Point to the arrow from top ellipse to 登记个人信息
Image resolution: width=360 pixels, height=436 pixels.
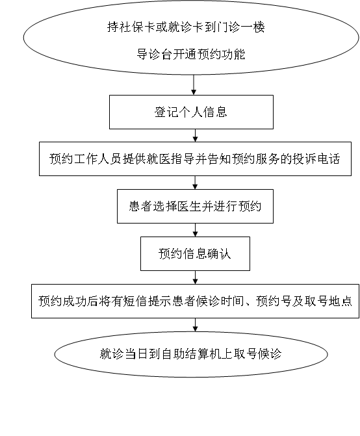click(x=194, y=85)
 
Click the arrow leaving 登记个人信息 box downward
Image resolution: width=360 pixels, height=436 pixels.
click(x=195, y=135)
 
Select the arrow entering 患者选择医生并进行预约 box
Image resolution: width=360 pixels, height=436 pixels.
click(x=195, y=183)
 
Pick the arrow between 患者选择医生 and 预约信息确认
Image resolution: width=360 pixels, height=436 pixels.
click(x=195, y=230)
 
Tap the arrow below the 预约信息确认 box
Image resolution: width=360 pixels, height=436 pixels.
click(x=195, y=277)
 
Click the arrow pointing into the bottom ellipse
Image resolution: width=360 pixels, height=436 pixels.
click(x=195, y=325)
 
